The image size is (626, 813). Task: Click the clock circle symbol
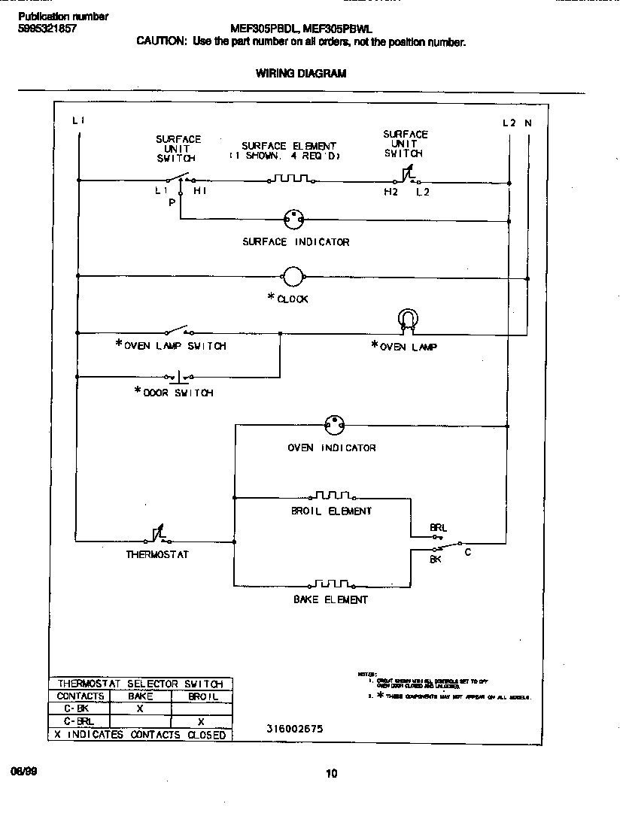(x=293, y=276)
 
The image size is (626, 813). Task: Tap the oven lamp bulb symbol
(x=408, y=320)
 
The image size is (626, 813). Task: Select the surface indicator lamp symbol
(x=293, y=220)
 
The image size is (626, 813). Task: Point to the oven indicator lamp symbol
(x=333, y=425)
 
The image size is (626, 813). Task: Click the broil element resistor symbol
(x=332, y=496)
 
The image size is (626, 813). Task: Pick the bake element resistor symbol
(x=332, y=584)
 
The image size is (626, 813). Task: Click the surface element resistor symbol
(x=290, y=180)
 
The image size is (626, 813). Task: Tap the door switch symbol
(x=178, y=375)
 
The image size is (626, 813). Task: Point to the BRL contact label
(x=438, y=528)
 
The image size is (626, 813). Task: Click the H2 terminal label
(x=390, y=193)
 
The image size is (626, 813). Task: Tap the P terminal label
(x=172, y=203)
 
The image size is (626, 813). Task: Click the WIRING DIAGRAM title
(x=301, y=74)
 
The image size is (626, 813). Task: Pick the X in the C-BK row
(x=140, y=708)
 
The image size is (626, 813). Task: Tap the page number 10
(x=332, y=773)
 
